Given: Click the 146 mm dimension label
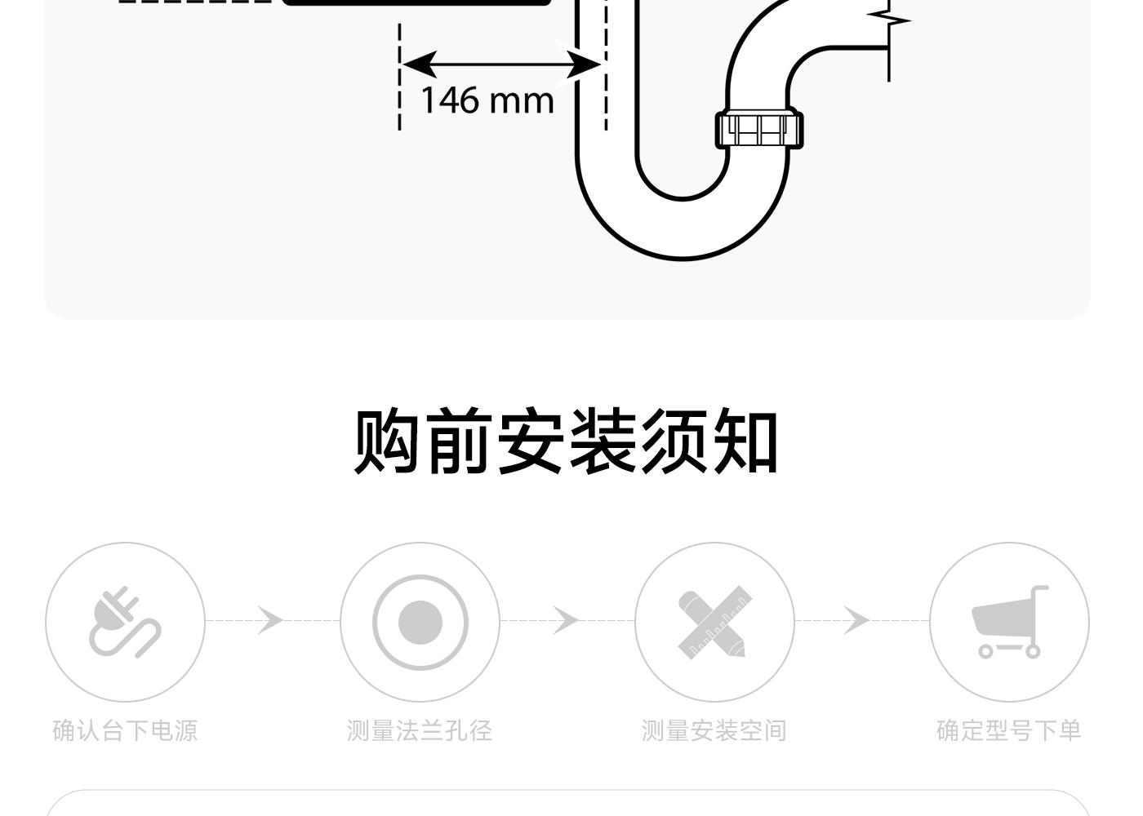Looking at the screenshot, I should tap(487, 100).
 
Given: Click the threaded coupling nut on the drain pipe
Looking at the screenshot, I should tap(759, 130).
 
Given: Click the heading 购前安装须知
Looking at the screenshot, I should tap(566, 441).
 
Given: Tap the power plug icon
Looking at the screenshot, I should tap(125, 622).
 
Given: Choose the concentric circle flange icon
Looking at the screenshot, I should tap(420, 622).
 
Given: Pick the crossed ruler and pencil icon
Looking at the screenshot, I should tap(714, 623).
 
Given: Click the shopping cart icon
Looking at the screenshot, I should tap(1009, 622).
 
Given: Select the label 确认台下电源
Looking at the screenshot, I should tap(125, 730).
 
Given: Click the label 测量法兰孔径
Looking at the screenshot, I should tap(420, 730).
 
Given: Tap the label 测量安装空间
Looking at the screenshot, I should tap(714, 730).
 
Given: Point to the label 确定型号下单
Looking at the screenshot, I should tap(1008, 730).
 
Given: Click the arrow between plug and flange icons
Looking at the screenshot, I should tap(270, 620).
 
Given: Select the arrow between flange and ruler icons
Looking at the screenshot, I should tap(565, 620).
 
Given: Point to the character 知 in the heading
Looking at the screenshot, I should tap(745, 441).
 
